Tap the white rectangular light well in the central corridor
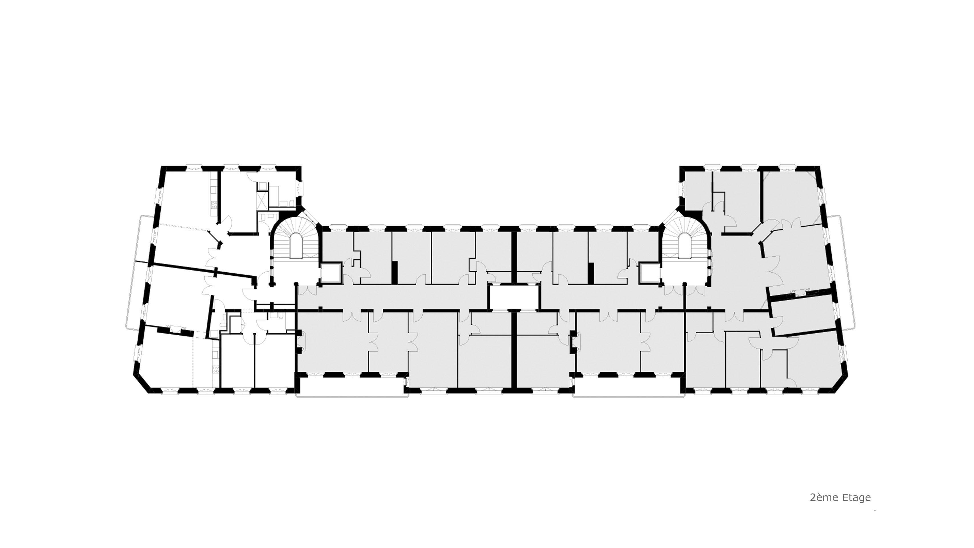513,297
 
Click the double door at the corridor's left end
307,291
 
